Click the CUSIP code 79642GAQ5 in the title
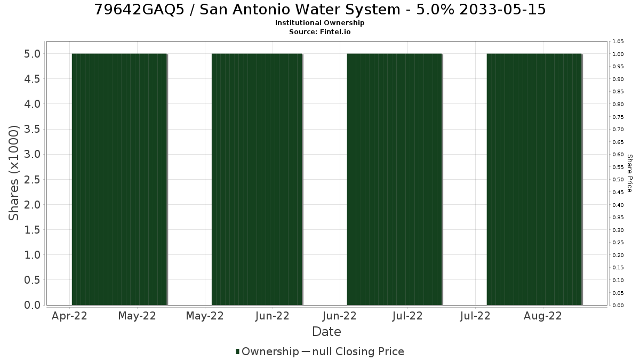pyautogui.click(x=139, y=10)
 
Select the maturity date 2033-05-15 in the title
pyautogui.click(x=502, y=10)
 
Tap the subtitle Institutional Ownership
pyautogui.click(x=319, y=23)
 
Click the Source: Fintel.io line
pyautogui.click(x=319, y=31)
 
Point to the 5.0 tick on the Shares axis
pyautogui.click(x=32, y=54)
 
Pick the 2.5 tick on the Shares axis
pyautogui.click(x=32, y=179)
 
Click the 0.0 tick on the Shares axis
pyautogui.click(x=32, y=305)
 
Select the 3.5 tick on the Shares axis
pyautogui.click(x=32, y=129)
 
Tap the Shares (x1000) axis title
pyautogui.click(x=13, y=173)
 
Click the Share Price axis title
pyautogui.click(x=630, y=173)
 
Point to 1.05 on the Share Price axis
pyautogui.click(x=618, y=42)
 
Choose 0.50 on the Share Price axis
pyautogui.click(x=618, y=180)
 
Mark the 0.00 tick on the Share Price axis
pyautogui.click(x=618, y=306)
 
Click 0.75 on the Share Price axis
pyautogui.click(x=618, y=117)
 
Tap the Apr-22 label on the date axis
pyautogui.click(x=69, y=316)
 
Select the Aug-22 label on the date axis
pyautogui.click(x=542, y=316)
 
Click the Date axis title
pyautogui.click(x=326, y=332)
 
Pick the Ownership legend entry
pyautogui.click(x=267, y=351)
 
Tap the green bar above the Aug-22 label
pyautogui.click(x=534, y=179)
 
